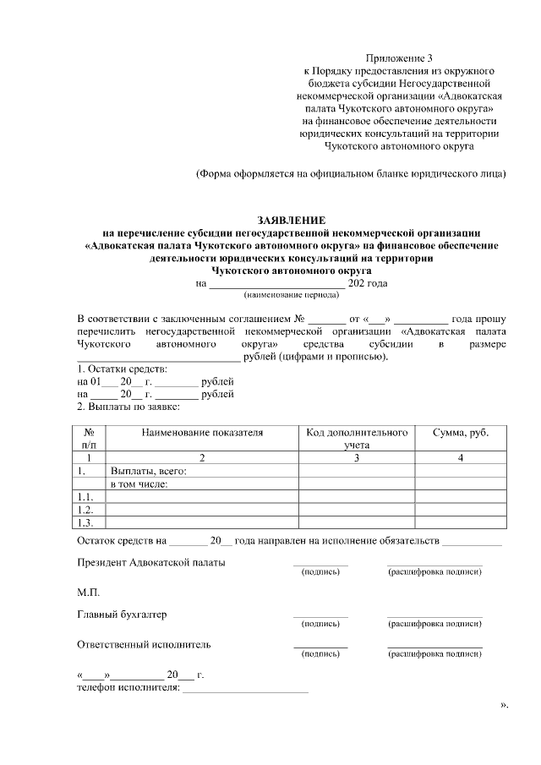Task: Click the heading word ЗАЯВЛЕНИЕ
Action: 291,220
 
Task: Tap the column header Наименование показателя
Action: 202,432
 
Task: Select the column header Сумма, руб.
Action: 460,432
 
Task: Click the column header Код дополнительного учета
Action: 357,437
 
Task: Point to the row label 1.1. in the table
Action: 85,497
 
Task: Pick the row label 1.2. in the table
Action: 85,510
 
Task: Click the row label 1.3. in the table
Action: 85,522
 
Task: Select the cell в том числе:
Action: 139,484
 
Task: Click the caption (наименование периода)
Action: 291,295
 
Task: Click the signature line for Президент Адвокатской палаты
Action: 320,564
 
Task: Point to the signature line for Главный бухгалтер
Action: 320,615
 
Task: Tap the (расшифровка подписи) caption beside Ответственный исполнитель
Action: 434,653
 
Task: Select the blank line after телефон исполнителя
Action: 245,691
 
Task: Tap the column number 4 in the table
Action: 460,457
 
